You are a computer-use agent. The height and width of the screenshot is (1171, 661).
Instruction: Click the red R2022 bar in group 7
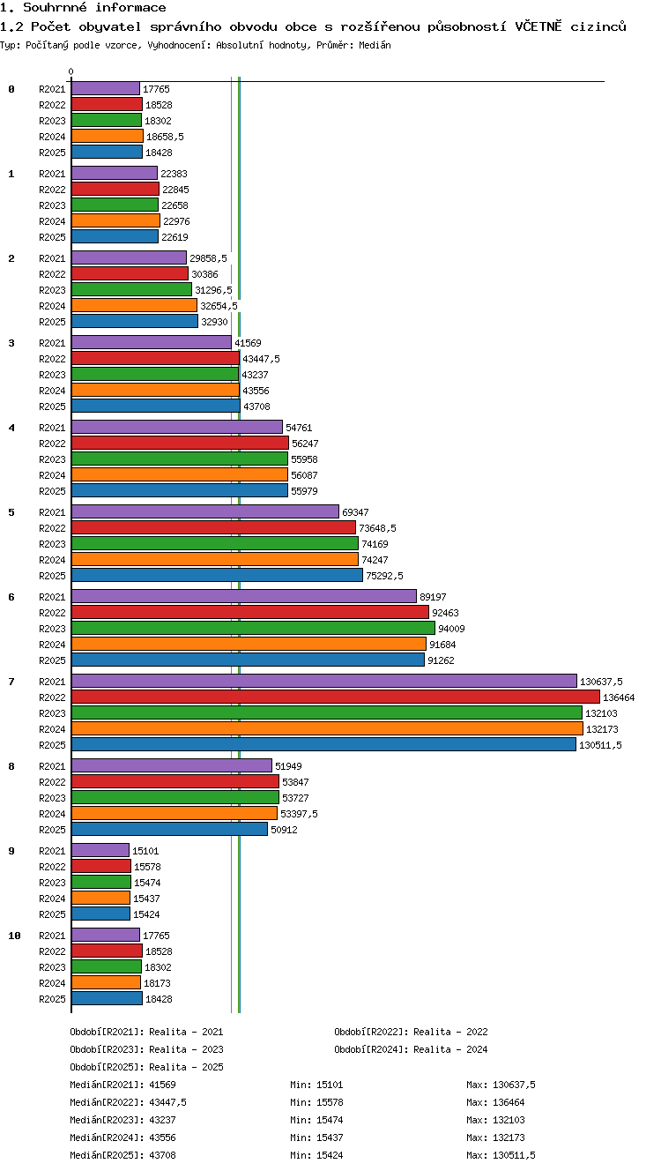(336, 697)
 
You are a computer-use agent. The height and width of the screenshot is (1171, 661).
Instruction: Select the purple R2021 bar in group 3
(152, 342)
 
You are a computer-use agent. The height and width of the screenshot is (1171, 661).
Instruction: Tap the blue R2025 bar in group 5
(217, 575)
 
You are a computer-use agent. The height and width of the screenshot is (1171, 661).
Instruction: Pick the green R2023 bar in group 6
(253, 628)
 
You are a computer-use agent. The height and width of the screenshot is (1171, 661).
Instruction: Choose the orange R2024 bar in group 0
(108, 136)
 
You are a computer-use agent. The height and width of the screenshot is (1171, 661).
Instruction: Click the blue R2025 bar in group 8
(169, 829)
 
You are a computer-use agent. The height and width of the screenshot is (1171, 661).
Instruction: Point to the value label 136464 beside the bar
(619, 697)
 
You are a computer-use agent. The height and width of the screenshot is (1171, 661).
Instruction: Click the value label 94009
(451, 629)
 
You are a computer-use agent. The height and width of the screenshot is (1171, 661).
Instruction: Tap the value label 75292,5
(384, 576)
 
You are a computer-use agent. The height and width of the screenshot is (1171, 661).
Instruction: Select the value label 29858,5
(209, 258)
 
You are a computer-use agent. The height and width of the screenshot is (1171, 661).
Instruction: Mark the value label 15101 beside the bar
(145, 851)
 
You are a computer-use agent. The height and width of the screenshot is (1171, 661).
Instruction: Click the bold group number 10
(14, 936)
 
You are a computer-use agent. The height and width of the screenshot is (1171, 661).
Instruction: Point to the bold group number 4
(11, 428)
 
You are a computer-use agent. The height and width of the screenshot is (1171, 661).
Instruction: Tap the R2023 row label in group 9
(52, 883)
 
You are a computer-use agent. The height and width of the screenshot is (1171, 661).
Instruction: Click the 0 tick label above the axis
(71, 71)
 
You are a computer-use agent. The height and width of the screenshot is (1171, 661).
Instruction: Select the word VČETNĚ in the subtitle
(538, 26)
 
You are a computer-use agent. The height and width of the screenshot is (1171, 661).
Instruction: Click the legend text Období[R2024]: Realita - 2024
(411, 1049)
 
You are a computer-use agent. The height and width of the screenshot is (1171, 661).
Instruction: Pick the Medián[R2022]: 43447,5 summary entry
(128, 1102)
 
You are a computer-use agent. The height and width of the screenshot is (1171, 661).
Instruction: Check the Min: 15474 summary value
(316, 1120)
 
